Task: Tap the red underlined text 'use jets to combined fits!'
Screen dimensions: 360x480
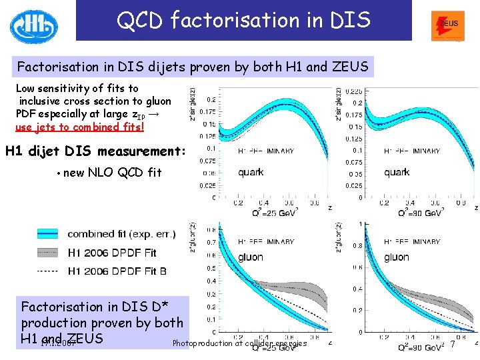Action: (x=79, y=127)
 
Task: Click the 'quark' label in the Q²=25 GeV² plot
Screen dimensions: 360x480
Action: (x=251, y=172)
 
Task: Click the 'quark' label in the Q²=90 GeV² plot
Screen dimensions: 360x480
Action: (x=397, y=172)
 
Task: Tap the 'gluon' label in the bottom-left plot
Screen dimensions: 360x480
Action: (x=250, y=257)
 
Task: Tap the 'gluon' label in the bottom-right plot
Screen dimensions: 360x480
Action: (x=397, y=257)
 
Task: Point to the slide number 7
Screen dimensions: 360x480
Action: (x=453, y=344)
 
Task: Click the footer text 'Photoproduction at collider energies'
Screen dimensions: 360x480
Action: (x=239, y=344)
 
